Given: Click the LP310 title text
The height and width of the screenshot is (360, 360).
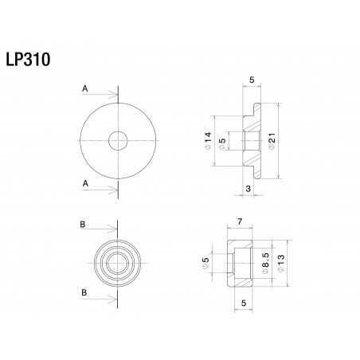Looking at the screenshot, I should click(x=29, y=60).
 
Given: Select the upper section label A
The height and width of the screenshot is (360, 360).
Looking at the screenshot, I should click(x=84, y=89).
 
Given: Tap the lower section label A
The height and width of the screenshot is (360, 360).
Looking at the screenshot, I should click(x=84, y=182).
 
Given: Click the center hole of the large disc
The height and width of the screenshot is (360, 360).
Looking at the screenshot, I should click(x=118, y=141).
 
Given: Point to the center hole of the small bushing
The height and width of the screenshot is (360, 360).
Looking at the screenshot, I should click(x=118, y=260).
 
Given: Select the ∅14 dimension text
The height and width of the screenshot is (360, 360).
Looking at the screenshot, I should click(x=209, y=141).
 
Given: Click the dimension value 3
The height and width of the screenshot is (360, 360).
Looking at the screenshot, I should click(x=248, y=188).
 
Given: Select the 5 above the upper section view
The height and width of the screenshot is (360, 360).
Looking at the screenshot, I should click(x=251, y=80).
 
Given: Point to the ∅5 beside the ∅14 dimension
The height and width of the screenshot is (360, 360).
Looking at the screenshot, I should click(x=223, y=141).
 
